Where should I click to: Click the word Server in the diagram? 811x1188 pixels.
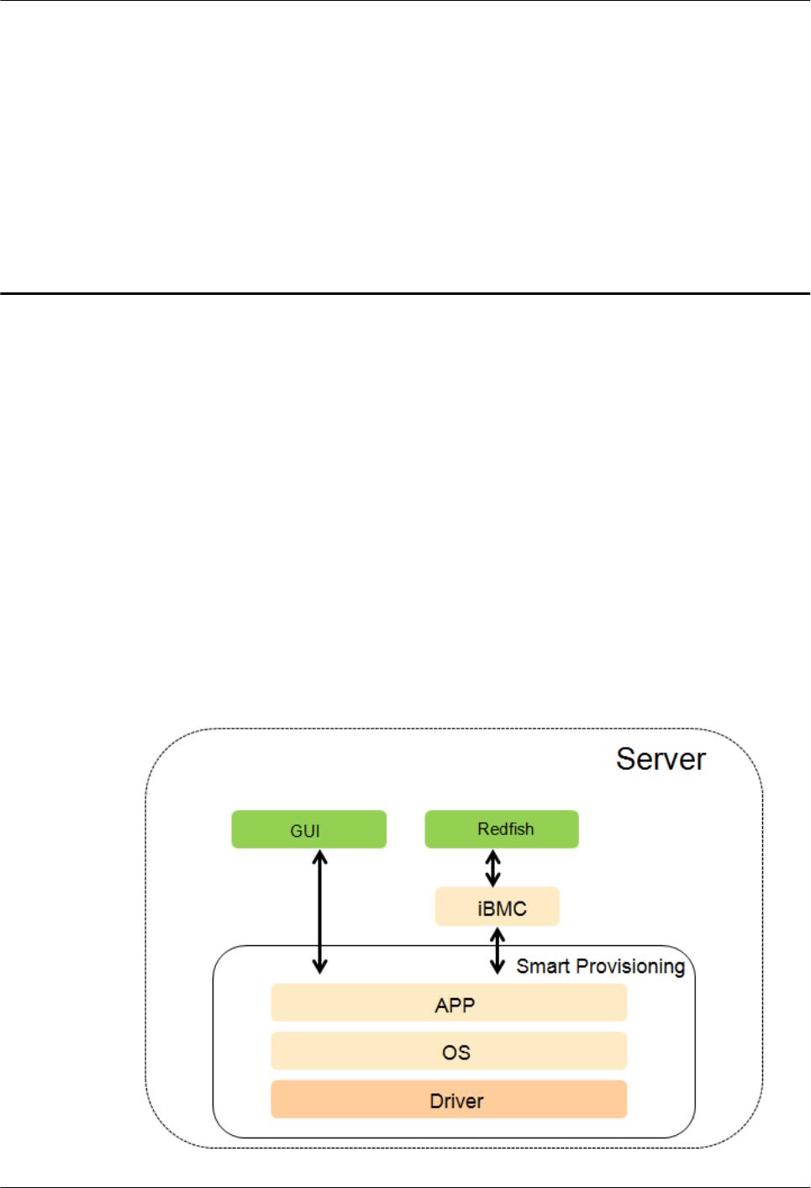coord(661,759)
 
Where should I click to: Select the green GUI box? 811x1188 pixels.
coord(308,829)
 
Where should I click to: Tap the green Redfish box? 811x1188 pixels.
coord(502,828)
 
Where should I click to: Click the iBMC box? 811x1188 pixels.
coord(498,907)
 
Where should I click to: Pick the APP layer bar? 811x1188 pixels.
coord(448,1004)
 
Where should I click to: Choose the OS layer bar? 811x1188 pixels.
coord(448,1051)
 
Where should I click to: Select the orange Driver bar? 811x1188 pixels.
coord(448,1100)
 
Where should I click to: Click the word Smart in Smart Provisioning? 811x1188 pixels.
coord(542,966)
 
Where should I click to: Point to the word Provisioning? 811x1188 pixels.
coord(629,967)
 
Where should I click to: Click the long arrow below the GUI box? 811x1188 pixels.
coord(319,912)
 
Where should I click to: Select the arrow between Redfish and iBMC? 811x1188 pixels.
coord(493,868)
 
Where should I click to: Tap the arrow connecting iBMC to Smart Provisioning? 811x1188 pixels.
coord(498,949)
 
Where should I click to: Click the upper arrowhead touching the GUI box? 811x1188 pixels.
coord(319,857)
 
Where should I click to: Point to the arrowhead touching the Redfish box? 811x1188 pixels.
coord(493,855)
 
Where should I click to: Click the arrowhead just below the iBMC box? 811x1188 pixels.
coord(498,934)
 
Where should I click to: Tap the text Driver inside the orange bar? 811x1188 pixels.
coord(456,1101)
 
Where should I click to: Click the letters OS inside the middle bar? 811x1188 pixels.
coord(456,1052)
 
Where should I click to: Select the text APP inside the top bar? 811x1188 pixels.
coord(455,1005)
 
